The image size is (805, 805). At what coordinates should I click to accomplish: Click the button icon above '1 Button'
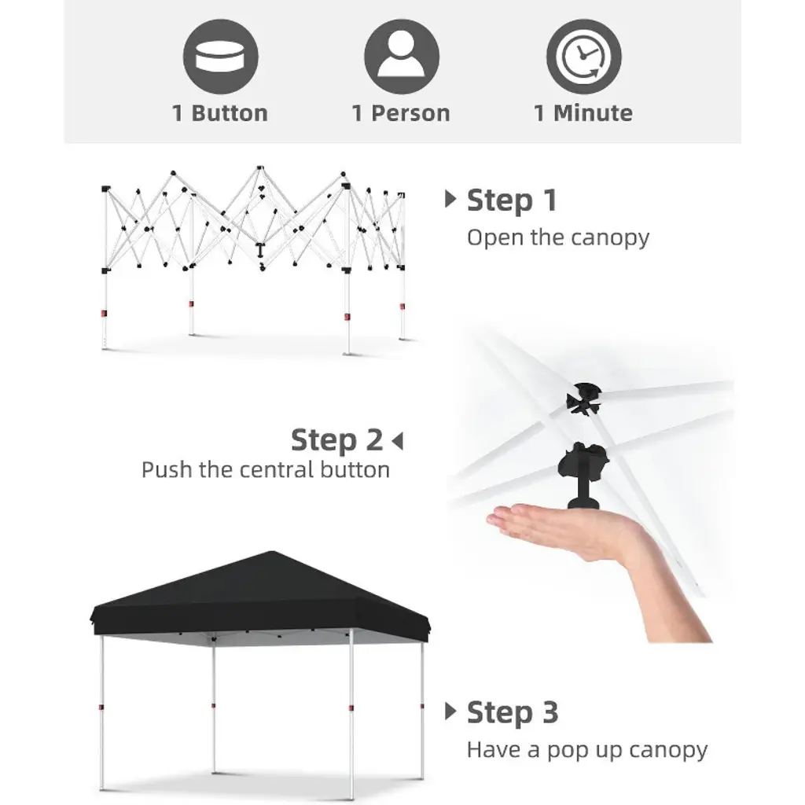click(220, 57)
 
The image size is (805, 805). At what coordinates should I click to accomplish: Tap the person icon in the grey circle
click(402, 57)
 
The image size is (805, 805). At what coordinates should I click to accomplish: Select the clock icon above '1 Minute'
click(584, 57)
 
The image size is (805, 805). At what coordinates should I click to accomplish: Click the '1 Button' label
click(220, 113)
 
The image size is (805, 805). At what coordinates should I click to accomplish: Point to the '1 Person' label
click(401, 113)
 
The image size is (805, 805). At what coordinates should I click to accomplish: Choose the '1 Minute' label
click(583, 113)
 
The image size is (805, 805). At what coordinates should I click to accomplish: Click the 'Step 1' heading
click(512, 200)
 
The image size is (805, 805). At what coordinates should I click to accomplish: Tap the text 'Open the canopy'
click(558, 237)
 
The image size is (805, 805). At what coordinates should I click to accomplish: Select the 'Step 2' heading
click(336, 440)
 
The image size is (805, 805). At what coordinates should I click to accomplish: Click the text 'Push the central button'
click(266, 470)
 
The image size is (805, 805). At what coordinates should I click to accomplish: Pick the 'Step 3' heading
click(513, 712)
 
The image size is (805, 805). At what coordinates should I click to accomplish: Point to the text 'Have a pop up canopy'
click(587, 750)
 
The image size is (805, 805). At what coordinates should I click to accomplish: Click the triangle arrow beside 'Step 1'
click(450, 199)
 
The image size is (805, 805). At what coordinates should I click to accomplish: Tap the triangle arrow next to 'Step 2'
click(397, 441)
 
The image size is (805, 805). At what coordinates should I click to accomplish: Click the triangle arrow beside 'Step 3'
click(450, 711)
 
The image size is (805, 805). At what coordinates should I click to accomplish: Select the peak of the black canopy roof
click(272, 552)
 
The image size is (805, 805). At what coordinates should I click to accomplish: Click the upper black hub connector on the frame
click(584, 399)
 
